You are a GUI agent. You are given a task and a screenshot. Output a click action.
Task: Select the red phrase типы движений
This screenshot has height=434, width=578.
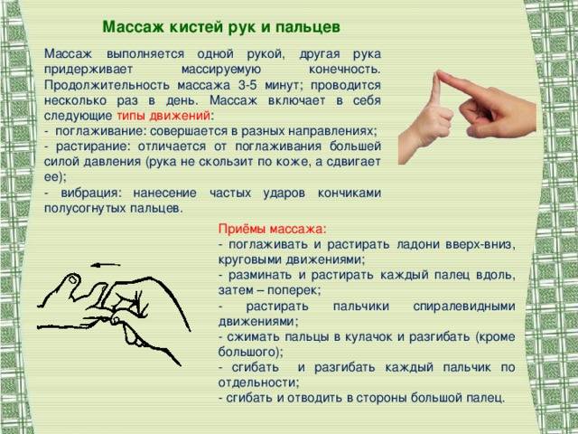coord(163,116)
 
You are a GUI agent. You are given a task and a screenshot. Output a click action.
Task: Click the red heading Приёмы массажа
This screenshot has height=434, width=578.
coord(272,229)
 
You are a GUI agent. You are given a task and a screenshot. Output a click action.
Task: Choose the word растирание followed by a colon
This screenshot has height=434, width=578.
coord(93,146)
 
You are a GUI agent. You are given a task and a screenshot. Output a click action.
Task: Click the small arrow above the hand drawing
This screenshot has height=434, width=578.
coord(106,265)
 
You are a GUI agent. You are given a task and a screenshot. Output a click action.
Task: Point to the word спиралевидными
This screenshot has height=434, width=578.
coord(463,307)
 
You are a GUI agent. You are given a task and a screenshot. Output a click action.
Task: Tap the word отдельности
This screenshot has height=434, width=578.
coord(258,382)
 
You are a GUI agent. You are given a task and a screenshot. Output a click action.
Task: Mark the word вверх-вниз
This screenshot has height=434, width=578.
coord(480,244)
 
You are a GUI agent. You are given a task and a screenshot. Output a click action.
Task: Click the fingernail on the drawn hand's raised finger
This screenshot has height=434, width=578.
coord(72,279)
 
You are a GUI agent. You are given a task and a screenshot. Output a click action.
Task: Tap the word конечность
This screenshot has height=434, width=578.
coord(344,70)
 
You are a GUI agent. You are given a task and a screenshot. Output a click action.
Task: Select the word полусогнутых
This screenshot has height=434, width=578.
coord(85,208)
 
